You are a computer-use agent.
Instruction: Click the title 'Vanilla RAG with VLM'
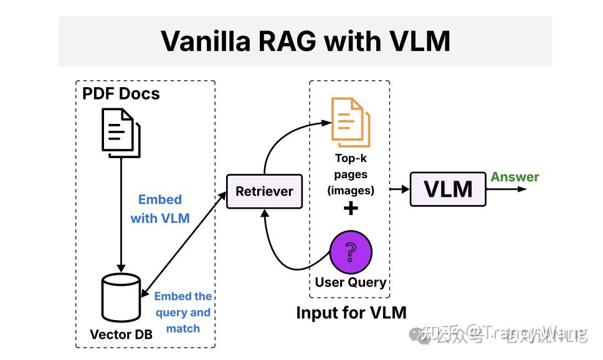[x=305, y=41]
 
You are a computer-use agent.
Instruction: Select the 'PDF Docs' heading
[x=121, y=94]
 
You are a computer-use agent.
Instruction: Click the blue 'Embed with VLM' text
[x=160, y=209]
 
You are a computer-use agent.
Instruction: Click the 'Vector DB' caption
[x=121, y=334]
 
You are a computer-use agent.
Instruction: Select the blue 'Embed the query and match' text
[x=183, y=313]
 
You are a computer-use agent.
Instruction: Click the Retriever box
[x=264, y=191]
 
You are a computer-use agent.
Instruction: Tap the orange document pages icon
[x=351, y=122]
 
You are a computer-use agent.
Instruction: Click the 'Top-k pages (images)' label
[x=351, y=174]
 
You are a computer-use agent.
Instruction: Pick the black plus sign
[x=351, y=209]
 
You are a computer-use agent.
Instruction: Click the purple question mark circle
[x=351, y=252]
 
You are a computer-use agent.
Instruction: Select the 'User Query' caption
[x=351, y=282]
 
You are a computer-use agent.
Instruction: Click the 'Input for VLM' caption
[x=351, y=312]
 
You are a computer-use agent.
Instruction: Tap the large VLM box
[x=448, y=188]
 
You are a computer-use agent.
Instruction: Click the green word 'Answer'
[x=515, y=177]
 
